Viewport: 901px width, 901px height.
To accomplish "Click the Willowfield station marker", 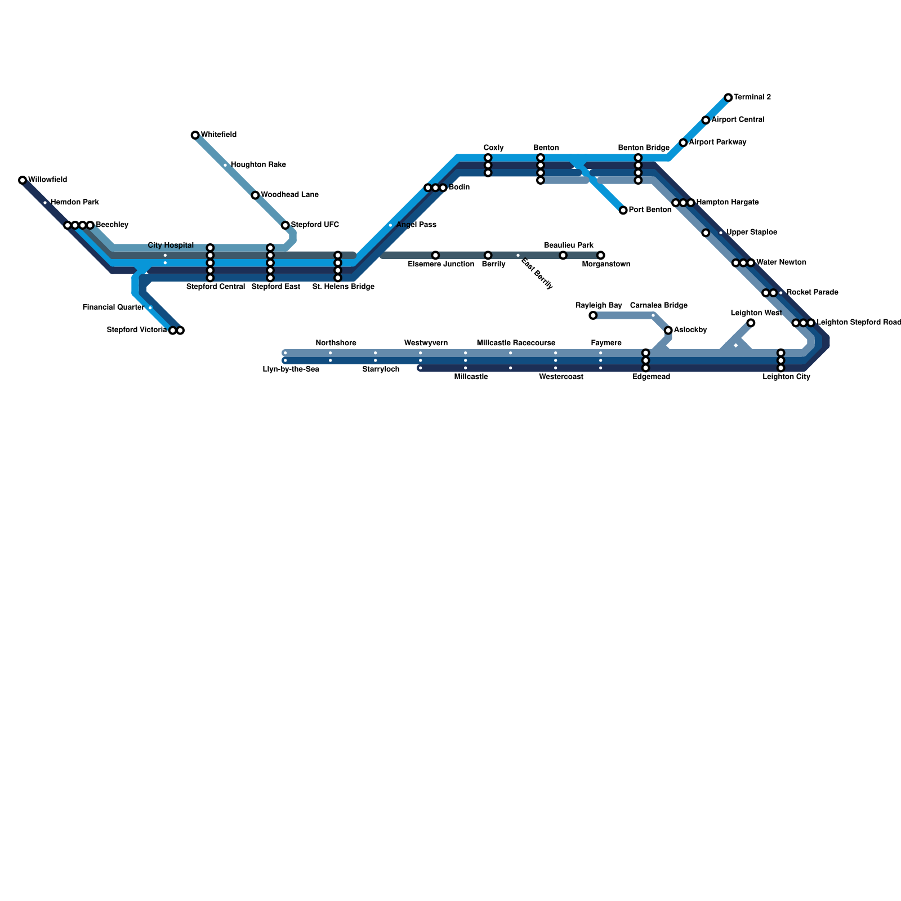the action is click(x=23, y=180).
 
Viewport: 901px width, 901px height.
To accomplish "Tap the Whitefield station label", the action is click(x=218, y=135).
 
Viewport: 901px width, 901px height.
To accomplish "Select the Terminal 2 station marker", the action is click(x=728, y=97).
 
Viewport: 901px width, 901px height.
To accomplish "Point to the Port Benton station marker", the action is click(x=623, y=210).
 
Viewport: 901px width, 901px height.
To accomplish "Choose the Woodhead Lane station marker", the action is click(x=255, y=195).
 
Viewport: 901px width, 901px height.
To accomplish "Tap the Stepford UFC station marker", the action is click(x=286, y=225).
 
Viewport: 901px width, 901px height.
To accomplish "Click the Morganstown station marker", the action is click(x=601, y=256).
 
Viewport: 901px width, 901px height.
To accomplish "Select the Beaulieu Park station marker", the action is click(x=563, y=256).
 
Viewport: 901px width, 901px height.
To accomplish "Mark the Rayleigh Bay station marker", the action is click(x=593, y=315).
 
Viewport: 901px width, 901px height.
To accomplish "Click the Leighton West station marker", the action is click(x=751, y=323).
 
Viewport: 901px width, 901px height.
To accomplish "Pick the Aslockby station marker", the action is click(x=668, y=330).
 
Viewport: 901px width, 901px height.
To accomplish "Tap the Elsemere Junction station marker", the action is click(x=435, y=256).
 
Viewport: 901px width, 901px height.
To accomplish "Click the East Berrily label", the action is click(x=537, y=274).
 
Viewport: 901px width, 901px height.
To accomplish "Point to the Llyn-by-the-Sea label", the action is click(x=291, y=369).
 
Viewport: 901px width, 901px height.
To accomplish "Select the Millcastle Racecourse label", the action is click(x=516, y=343).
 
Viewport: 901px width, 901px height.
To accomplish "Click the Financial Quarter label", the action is click(x=113, y=307).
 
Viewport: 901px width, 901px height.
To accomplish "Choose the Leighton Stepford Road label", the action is click(x=858, y=323).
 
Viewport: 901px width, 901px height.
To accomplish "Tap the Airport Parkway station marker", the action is click(x=683, y=142).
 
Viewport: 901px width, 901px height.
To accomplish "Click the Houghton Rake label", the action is click(x=258, y=165).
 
